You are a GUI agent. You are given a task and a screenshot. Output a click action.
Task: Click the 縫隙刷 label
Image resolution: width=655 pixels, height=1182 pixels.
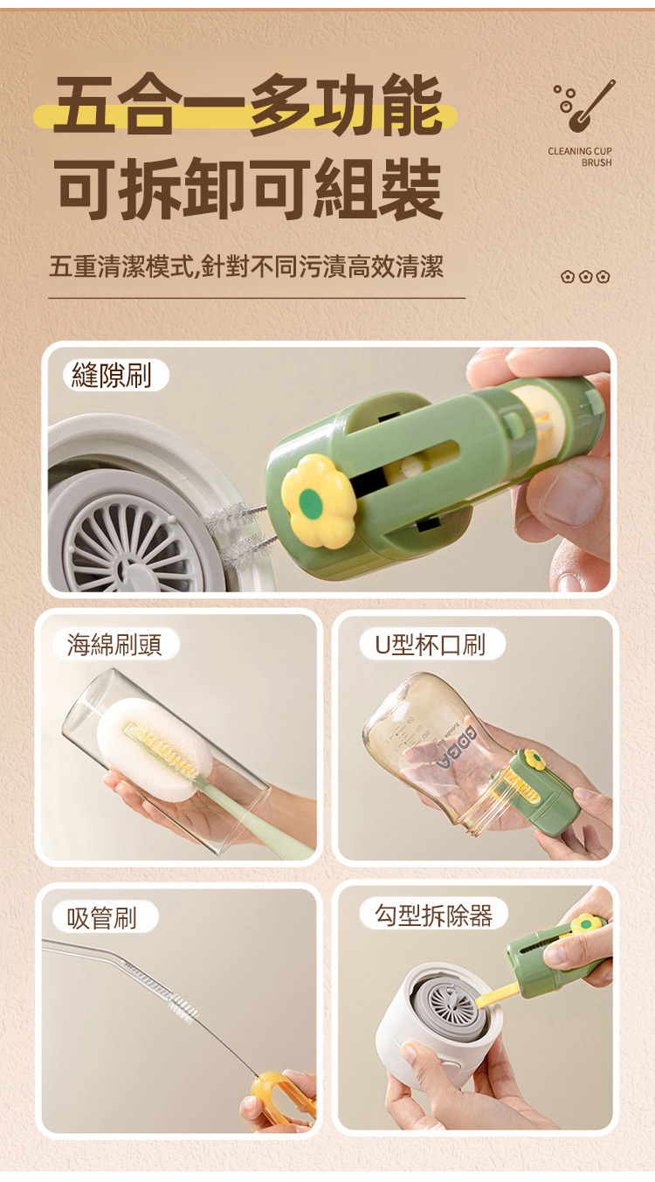(x=111, y=375)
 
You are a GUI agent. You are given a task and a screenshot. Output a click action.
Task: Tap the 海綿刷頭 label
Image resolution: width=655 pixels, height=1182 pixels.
(x=114, y=644)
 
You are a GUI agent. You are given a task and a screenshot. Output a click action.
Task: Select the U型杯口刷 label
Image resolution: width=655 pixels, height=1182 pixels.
(x=431, y=644)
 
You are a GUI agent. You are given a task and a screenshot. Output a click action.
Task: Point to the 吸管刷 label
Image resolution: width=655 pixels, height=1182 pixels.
(x=102, y=917)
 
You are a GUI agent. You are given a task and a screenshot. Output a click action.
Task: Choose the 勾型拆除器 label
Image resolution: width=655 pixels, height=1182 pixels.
(x=433, y=916)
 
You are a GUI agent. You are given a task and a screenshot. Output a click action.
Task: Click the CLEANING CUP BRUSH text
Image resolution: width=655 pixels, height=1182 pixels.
(x=580, y=156)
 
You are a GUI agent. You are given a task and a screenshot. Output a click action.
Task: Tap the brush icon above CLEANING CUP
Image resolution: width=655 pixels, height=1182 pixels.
(x=584, y=105)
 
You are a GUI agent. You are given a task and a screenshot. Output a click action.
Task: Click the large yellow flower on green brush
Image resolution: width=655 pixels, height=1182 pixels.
(x=318, y=501)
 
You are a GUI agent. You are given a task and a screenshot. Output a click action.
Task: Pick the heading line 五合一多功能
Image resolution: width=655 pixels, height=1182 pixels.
(x=248, y=105)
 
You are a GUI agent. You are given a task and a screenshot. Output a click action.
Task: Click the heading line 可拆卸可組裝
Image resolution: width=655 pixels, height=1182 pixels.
(x=248, y=189)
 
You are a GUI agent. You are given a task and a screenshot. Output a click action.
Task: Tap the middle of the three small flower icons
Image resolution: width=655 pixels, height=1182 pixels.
(x=585, y=277)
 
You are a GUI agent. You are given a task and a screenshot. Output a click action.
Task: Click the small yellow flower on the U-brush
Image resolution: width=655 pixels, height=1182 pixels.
(x=534, y=758)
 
